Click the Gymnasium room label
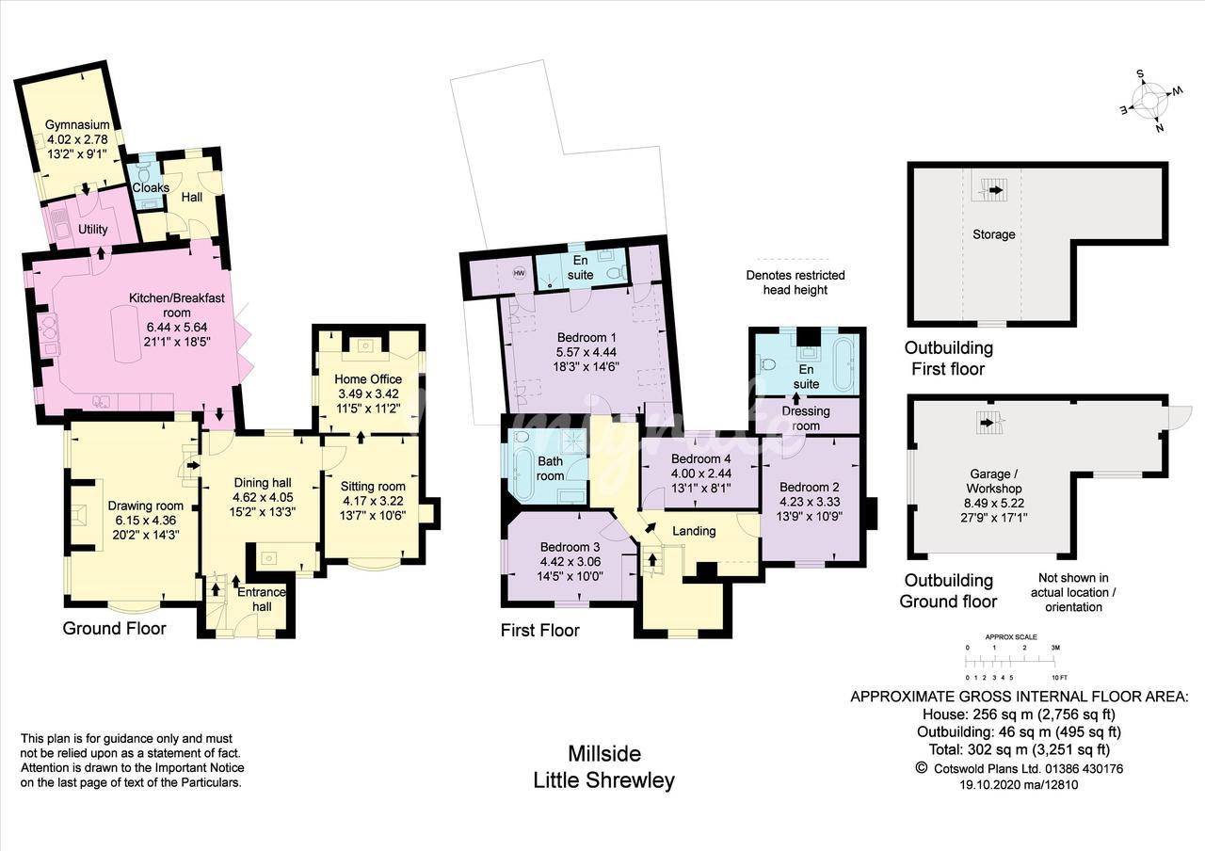[77, 125]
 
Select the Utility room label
[92, 229]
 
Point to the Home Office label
[368, 379]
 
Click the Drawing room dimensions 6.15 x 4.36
[145, 521]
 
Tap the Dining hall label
[263, 483]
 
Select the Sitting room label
[373, 487]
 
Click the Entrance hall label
[262, 600]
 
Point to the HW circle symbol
[519, 273]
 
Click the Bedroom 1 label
[586, 337]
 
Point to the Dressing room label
[805, 419]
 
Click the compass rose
[1150, 106]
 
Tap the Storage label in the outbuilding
[993, 234]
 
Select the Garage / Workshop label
[993, 481]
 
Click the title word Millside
[604, 754]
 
